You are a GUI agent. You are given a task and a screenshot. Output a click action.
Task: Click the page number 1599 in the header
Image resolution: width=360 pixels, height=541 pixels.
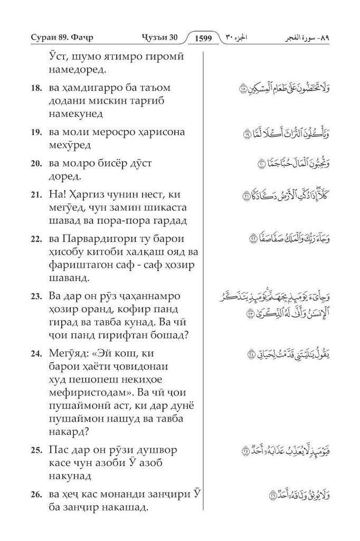(x=203, y=38)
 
